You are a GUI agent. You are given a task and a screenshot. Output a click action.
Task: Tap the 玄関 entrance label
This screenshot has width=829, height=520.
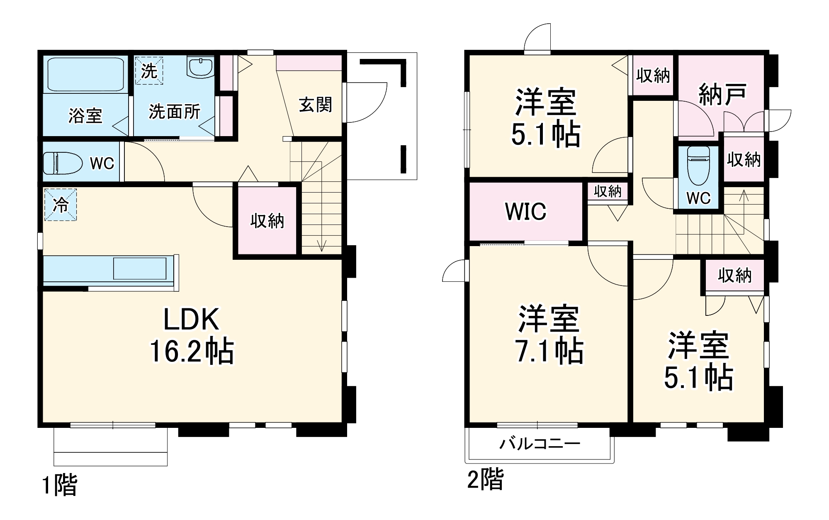pyautogui.click(x=315, y=105)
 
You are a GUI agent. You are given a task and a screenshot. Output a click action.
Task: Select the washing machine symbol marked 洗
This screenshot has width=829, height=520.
pyautogui.click(x=149, y=71)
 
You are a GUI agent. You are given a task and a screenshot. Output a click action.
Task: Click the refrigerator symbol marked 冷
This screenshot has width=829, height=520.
pyautogui.click(x=61, y=205)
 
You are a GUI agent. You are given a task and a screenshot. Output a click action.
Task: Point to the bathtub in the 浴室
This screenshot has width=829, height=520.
pyautogui.click(x=86, y=74)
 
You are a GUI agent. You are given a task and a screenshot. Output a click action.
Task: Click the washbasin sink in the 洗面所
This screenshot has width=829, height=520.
pyautogui.click(x=201, y=67)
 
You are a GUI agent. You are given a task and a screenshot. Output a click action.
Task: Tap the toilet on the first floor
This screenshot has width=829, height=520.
pyautogui.click(x=62, y=163)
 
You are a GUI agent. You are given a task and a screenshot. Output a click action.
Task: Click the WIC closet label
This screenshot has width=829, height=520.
pyautogui.click(x=526, y=211)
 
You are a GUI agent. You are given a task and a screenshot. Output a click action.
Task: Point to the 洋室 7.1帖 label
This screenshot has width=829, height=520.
pyautogui.click(x=548, y=335)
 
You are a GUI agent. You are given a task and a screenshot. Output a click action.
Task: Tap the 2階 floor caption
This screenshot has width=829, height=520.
pyautogui.click(x=485, y=479)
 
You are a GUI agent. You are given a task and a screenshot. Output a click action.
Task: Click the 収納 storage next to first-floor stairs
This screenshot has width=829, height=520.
pyautogui.click(x=267, y=221)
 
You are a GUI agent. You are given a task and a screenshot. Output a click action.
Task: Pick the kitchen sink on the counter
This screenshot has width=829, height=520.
pyautogui.click(x=140, y=269)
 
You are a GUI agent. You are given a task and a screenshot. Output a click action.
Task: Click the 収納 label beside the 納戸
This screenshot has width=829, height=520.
pyautogui.click(x=653, y=76)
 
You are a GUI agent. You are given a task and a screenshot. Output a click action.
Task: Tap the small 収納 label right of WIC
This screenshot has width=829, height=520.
pyautogui.click(x=608, y=191)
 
